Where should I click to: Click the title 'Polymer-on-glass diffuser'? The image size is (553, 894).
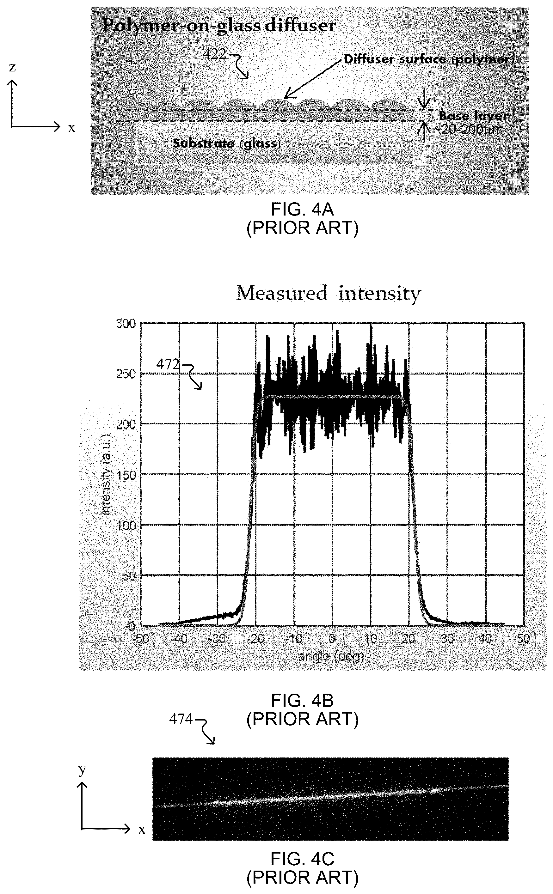pyautogui.click(x=219, y=26)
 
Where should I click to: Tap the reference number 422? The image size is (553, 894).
pyautogui.click(x=215, y=54)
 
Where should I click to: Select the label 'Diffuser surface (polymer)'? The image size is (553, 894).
pyautogui.click(x=429, y=60)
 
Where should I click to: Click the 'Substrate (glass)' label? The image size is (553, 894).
pyautogui.click(x=226, y=143)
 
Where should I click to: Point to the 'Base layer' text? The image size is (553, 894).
pyautogui.click(x=473, y=116)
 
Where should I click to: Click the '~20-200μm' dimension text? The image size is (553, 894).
pyautogui.click(x=468, y=129)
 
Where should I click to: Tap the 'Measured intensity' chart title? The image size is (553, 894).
pyautogui.click(x=328, y=294)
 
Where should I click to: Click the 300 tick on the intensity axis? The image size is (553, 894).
pyautogui.click(x=126, y=324)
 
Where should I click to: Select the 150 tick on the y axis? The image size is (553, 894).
pyautogui.click(x=126, y=475)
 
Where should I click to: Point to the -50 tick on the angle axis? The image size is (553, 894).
pyautogui.click(x=141, y=639)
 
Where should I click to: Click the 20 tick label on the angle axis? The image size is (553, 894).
pyautogui.click(x=409, y=639)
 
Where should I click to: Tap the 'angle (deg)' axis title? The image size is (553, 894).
pyautogui.click(x=331, y=656)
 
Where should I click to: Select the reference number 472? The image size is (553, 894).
pyautogui.click(x=168, y=364)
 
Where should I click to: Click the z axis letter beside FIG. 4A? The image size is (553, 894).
pyautogui.click(x=12, y=67)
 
